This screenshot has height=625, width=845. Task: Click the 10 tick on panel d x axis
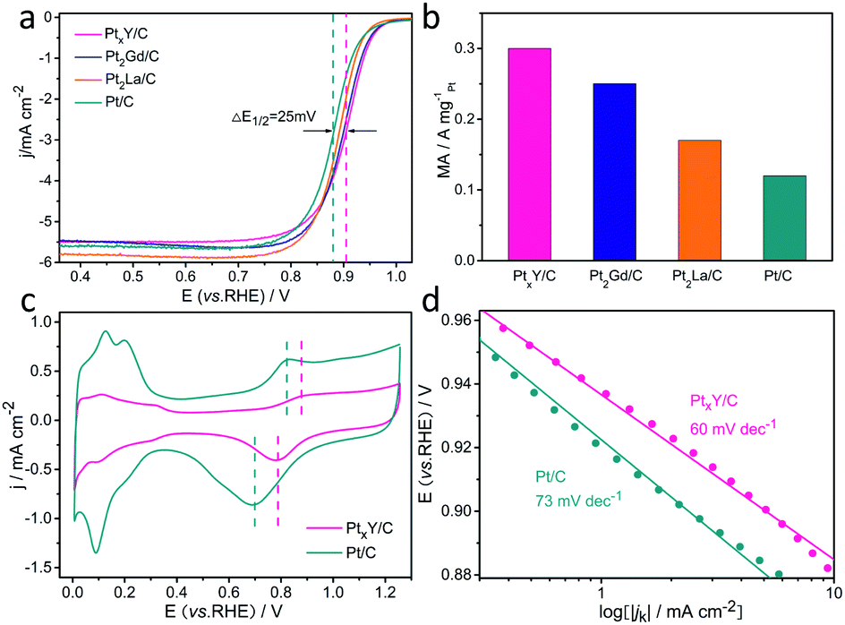point(832,593)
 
